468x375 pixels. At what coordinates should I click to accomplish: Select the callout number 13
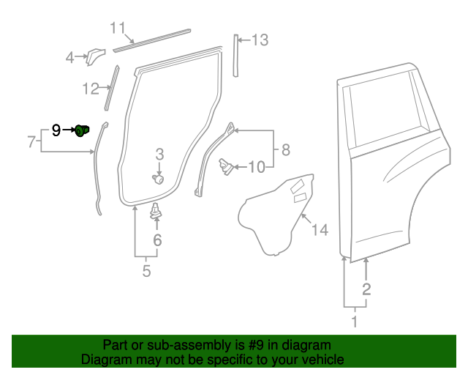click(x=260, y=40)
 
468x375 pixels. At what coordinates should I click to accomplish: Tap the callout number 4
click(x=70, y=57)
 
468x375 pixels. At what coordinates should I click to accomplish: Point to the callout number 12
click(x=90, y=89)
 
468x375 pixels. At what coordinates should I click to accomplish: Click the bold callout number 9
click(x=56, y=131)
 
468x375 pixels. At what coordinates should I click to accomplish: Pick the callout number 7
click(x=31, y=142)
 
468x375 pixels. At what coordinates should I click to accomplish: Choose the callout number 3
click(x=159, y=154)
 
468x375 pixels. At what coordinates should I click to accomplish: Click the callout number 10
click(x=256, y=168)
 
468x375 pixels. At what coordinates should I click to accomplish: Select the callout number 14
click(x=320, y=231)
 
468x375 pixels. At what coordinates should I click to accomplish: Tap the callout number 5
click(x=146, y=272)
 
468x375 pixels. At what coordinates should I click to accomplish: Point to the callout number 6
click(x=157, y=240)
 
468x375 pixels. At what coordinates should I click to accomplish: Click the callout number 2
click(x=366, y=289)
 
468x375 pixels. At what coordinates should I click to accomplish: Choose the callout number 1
click(x=355, y=321)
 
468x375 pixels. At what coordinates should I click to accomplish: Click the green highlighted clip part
click(x=83, y=131)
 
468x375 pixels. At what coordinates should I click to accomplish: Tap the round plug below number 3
click(x=158, y=179)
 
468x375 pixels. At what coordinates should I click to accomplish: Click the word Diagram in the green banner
click(x=104, y=360)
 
